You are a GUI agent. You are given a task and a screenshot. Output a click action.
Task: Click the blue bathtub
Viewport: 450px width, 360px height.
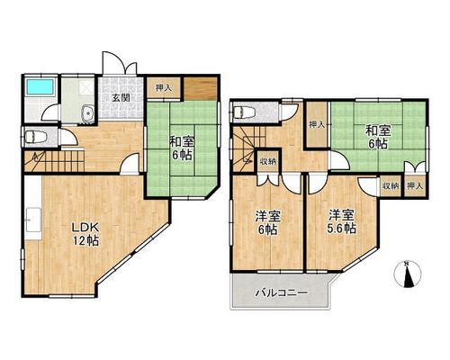coord(40,87)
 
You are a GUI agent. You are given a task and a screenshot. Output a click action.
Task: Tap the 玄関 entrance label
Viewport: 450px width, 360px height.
coord(121,98)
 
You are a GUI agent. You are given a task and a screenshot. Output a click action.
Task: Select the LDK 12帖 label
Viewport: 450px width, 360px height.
coord(85,234)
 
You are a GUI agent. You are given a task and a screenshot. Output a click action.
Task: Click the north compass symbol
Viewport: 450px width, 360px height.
coord(407,274)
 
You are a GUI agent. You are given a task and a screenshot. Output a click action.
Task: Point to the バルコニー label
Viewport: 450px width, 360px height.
coord(281,292)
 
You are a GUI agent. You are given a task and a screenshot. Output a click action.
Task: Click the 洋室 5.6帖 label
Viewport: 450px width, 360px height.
coord(342,222)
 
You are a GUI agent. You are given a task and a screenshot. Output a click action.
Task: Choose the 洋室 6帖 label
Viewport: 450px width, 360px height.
coord(268,223)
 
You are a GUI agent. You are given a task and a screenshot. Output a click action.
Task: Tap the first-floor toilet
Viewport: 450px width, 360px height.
coord(36,138)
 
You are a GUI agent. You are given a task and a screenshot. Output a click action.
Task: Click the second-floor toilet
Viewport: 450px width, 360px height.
coord(244,112)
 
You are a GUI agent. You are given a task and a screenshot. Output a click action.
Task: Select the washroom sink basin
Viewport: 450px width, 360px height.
coord(88,113)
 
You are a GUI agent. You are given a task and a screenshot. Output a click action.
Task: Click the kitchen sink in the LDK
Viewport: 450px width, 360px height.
coord(33,220)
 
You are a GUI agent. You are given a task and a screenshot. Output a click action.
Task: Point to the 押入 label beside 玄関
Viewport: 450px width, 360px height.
coord(163,88)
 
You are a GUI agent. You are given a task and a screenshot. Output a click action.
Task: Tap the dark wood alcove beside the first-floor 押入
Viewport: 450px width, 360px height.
coord(200,89)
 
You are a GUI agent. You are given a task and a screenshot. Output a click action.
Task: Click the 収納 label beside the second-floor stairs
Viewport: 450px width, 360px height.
coord(268,161)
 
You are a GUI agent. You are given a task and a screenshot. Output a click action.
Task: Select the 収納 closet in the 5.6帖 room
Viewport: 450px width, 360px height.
coord(391,186)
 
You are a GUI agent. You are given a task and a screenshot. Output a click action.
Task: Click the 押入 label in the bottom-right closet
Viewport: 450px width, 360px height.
coord(415,186)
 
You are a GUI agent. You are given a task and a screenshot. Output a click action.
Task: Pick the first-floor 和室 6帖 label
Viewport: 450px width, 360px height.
coord(182,148)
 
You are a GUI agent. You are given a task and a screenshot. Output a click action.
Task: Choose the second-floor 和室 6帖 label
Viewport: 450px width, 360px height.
coord(378,138)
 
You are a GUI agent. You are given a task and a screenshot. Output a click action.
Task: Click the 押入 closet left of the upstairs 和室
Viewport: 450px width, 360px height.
coord(318,124)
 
